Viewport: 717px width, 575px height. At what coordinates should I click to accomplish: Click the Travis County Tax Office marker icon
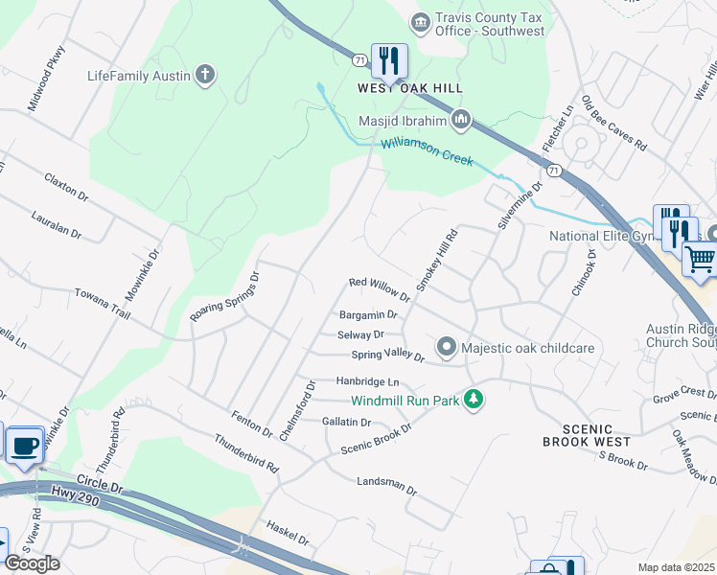click(x=419, y=21)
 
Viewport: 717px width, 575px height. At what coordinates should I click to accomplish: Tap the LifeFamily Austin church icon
click(x=204, y=75)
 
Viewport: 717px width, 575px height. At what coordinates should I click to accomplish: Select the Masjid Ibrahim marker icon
click(x=461, y=121)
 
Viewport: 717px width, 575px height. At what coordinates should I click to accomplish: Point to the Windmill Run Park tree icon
click(x=472, y=399)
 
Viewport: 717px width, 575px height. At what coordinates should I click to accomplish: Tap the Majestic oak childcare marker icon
click(x=446, y=346)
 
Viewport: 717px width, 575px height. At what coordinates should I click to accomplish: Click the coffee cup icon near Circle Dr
click(x=24, y=445)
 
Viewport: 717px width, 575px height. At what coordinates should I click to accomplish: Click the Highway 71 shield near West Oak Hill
click(x=358, y=59)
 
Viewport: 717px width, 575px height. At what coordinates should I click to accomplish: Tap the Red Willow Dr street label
click(x=380, y=288)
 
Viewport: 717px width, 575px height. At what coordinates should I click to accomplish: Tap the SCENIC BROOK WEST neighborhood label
click(x=587, y=435)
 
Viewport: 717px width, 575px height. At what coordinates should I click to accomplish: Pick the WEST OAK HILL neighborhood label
click(x=410, y=88)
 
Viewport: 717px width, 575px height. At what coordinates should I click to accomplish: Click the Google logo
click(x=31, y=563)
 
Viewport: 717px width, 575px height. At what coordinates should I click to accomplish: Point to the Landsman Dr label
click(x=386, y=486)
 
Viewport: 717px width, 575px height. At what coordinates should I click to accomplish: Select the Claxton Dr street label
click(x=66, y=187)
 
